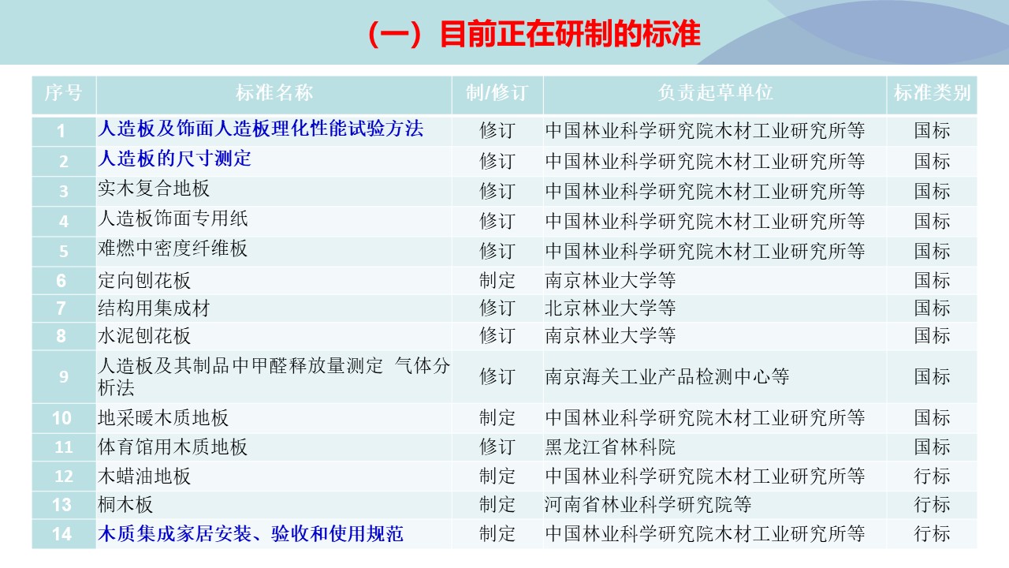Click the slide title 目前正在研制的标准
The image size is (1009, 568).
[x=534, y=35]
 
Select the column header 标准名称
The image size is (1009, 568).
[x=274, y=93]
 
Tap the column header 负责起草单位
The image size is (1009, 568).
[x=715, y=93]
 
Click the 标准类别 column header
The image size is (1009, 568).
[x=932, y=93]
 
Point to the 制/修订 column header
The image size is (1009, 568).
[x=497, y=93]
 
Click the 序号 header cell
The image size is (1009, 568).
[x=63, y=93]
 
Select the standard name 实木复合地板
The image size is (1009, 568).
[x=154, y=189]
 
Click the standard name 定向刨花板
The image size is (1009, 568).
[x=144, y=280]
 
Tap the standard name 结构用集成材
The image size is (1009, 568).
[x=154, y=308]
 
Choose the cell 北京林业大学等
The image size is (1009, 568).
[x=610, y=308]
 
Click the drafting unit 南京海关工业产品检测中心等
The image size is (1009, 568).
[x=667, y=376]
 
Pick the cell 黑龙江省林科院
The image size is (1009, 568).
[x=610, y=447]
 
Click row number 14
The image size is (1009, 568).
[x=62, y=534]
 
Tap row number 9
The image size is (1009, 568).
[x=63, y=377]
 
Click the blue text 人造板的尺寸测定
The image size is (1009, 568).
[x=174, y=159]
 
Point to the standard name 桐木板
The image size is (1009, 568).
[x=125, y=504]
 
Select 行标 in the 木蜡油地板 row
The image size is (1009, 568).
[x=932, y=476]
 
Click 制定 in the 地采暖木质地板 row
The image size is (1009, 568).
[x=497, y=417]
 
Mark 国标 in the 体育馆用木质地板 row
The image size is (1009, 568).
[x=932, y=447]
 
